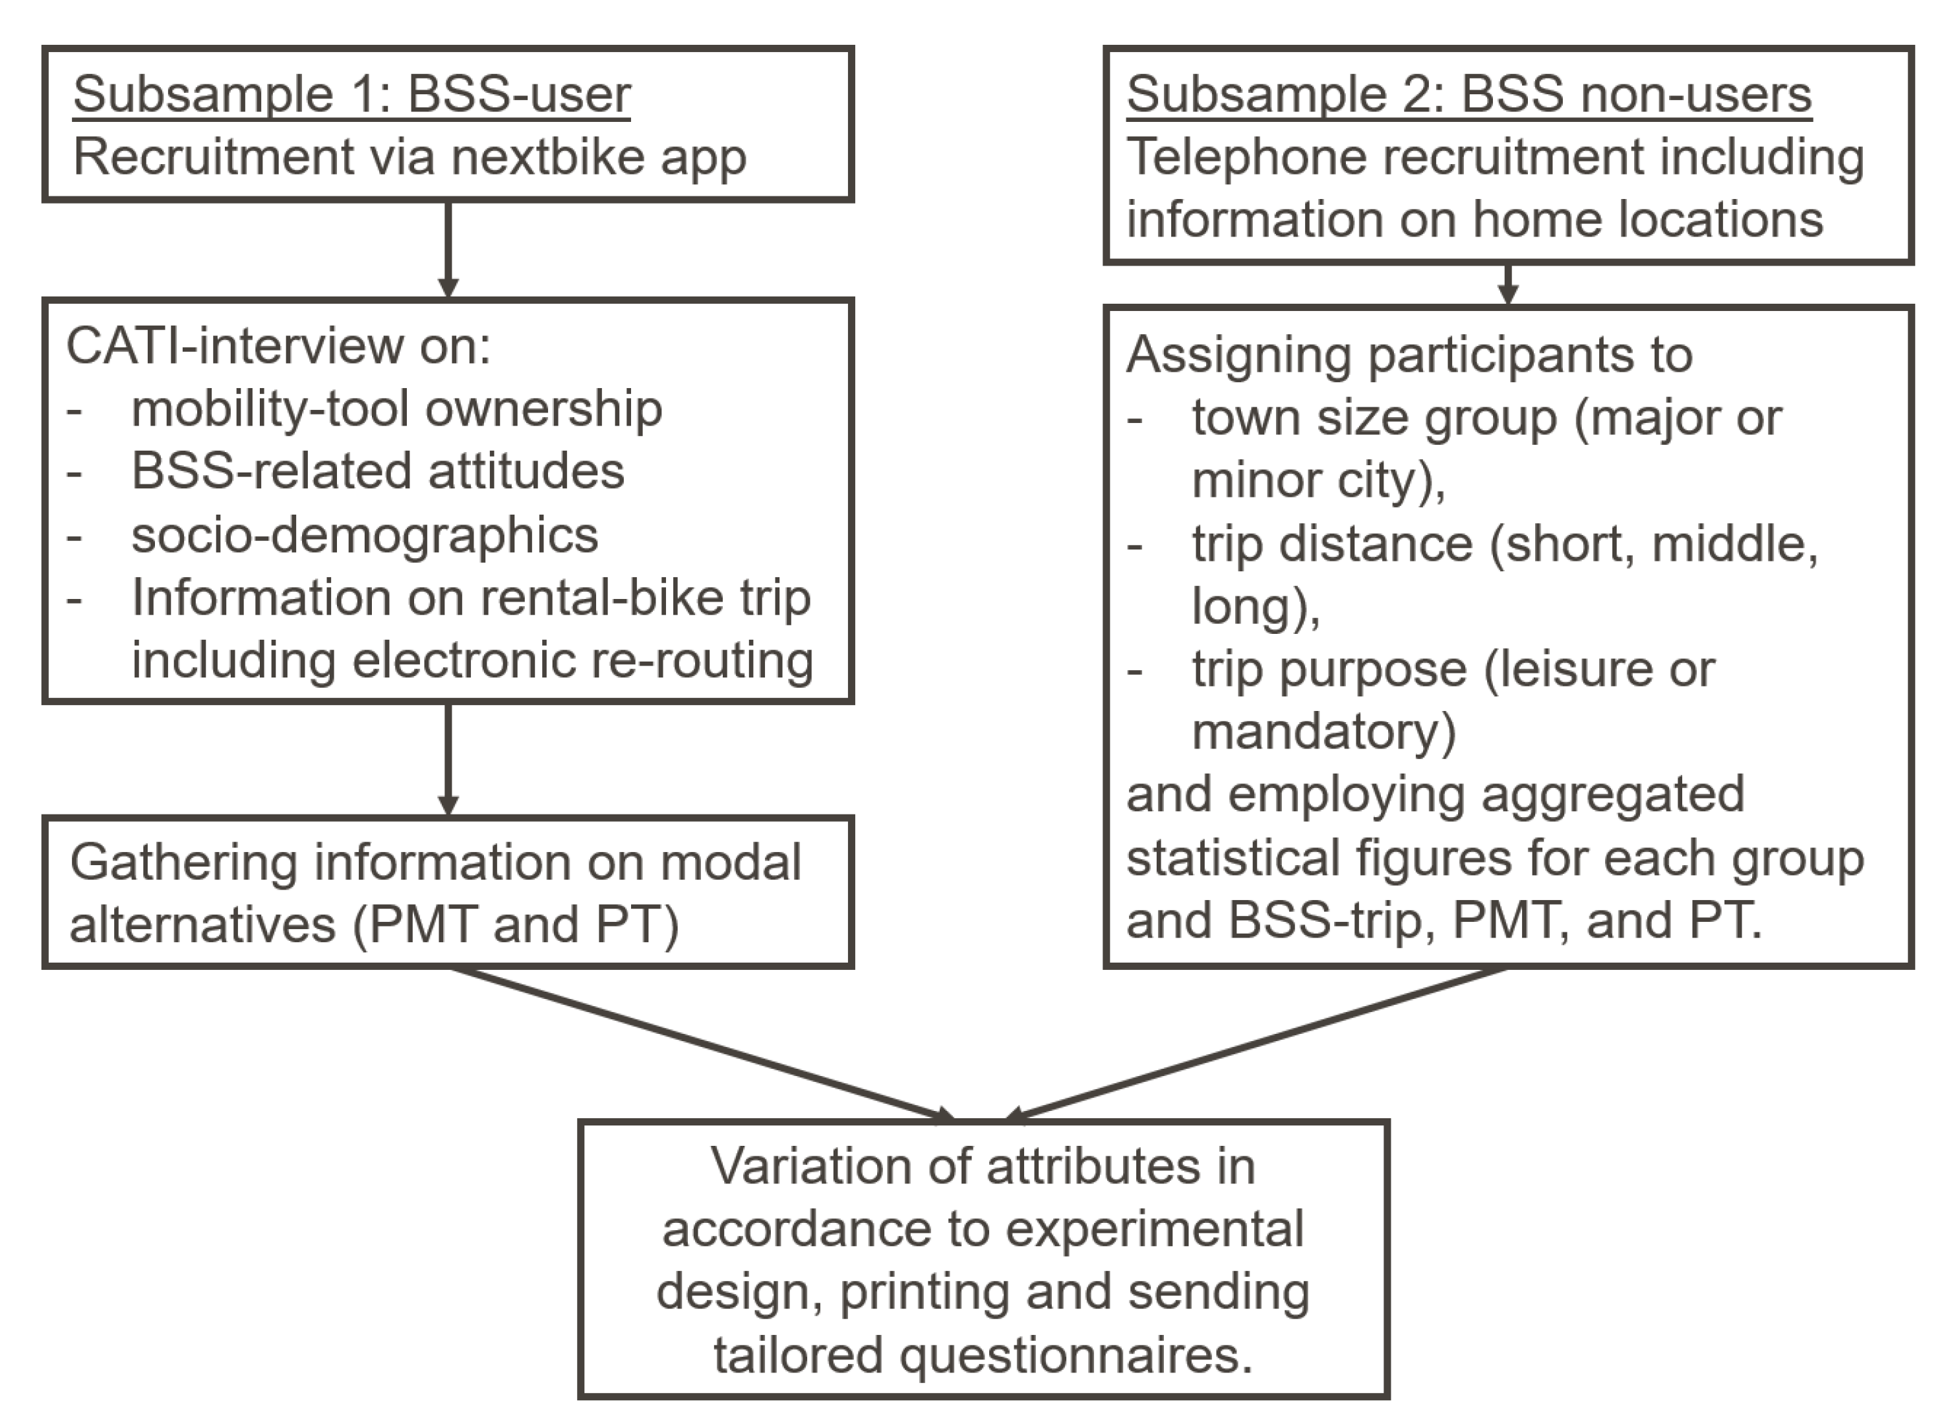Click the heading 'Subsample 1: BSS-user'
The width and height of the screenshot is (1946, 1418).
[352, 94]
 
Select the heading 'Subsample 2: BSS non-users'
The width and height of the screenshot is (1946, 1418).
[1469, 94]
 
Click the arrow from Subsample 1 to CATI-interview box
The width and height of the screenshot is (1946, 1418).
[447, 249]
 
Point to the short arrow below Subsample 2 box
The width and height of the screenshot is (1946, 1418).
[1508, 283]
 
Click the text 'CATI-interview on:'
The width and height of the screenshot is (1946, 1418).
[278, 347]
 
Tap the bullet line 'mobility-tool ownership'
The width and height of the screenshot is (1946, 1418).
[397, 409]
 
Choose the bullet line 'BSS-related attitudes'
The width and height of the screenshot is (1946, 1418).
[378, 472]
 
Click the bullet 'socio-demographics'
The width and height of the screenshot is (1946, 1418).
[365, 536]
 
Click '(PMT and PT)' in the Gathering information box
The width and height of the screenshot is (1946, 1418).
[515, 925]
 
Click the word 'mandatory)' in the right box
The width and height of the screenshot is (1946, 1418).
[1323, 732]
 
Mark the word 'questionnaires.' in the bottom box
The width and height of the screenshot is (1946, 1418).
[1076, 1355]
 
